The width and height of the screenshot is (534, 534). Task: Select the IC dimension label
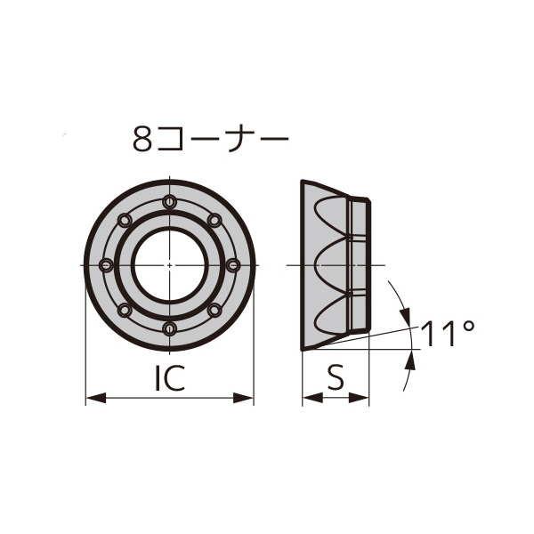169,379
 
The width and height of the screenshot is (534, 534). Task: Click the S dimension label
335,379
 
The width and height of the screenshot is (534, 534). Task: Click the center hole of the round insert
169,265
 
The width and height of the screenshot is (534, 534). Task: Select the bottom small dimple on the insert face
169,328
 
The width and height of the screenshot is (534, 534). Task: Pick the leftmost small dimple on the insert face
106,265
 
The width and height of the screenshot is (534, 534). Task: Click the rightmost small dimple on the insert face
233,265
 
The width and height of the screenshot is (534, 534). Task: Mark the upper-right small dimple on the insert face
214,220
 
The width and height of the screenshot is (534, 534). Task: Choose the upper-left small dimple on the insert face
125,220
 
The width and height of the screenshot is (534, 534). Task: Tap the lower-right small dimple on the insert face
214,310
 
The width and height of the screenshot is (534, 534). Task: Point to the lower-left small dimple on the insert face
125,310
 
